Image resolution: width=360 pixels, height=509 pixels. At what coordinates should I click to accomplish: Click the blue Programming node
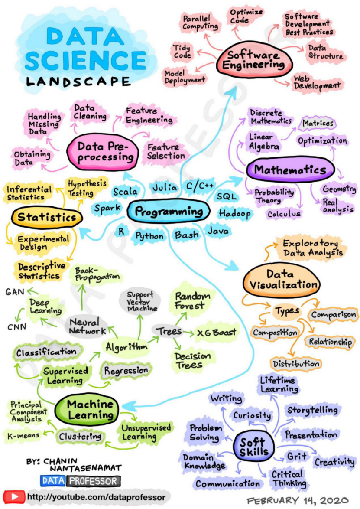click(x=169, y=211)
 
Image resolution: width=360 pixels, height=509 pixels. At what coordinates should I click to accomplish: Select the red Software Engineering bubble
click(x=254, y=60)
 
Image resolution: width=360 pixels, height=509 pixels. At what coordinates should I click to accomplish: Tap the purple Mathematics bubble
click(x=290, y=170)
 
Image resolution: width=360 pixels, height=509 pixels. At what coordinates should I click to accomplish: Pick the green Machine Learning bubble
click(x=87, y=410)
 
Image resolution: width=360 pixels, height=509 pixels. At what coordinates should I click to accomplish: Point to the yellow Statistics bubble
click(x=47, y=217)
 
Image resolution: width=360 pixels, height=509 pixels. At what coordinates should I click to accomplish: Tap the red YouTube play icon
click(x=13, y=497)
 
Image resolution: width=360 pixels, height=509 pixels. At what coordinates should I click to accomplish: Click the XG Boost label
click(x=216, y=333)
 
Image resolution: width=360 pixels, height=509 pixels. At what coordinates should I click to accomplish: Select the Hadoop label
click(x=235, y=214)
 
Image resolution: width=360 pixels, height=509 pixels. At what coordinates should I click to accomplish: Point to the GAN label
click(x=15, y=292)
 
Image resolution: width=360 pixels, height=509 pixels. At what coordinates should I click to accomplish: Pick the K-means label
click(x=23, y=435)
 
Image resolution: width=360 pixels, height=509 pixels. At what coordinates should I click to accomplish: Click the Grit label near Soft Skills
click(x=296, y=457)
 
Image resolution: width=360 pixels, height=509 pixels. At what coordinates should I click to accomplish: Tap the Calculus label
click(x=284, y=214)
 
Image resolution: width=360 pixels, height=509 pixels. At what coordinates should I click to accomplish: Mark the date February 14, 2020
click(x=298, y=500)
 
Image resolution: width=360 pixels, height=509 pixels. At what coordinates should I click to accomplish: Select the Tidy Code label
click(x=182, y=51)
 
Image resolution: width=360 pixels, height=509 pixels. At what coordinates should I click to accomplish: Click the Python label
click(x=149, y=236)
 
